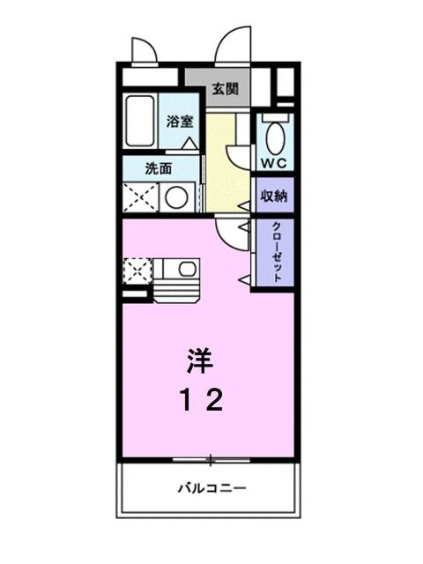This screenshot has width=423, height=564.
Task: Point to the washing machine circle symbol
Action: click(x=177, y=197)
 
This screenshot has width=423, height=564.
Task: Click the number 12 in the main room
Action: click(x=200, y=401)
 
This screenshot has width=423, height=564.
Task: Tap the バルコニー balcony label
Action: click(x=211, y=487)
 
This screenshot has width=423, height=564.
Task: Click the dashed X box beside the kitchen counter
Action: click(x=137, y=270)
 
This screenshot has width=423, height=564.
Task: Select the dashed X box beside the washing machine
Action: click(x=139, y=197)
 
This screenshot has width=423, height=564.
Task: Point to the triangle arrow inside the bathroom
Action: click(x=188, y=142)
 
